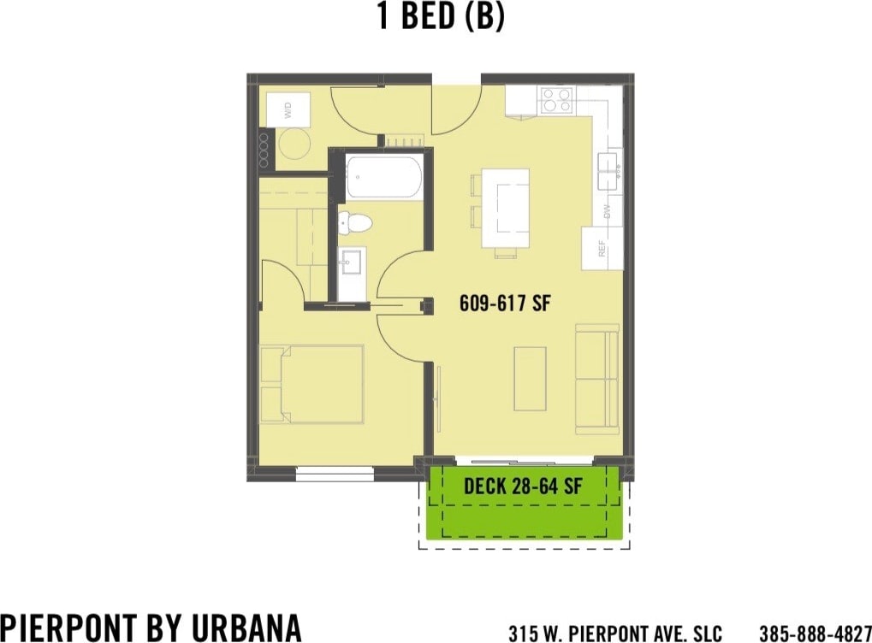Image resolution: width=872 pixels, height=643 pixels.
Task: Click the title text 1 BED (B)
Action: click(441, 16)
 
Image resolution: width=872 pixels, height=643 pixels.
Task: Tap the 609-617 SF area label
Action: click(503, 303)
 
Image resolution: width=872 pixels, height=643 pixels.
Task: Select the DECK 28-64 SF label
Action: click(523, 487)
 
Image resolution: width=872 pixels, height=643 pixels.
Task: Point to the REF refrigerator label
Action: click(602, 248)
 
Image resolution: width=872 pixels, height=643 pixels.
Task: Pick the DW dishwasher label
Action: click(608, 210)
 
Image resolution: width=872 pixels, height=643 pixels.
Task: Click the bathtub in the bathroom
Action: click(383, 176)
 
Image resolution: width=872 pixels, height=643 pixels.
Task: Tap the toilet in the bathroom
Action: click(355, 224)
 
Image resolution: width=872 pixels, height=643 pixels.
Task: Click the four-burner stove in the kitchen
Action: click(555, 102)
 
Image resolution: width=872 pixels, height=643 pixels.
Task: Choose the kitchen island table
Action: click(505, 208)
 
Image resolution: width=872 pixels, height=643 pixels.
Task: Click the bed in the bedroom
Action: click(311, 384)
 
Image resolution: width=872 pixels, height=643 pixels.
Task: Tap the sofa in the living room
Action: click(596, 378)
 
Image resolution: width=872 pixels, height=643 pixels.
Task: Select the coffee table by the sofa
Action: click(530, 378)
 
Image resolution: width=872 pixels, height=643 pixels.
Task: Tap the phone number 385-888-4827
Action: click(815, 634)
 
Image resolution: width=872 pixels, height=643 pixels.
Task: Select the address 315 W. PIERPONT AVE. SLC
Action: click(614, 634)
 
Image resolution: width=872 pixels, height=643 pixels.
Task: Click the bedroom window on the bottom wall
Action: click(335, 471)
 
